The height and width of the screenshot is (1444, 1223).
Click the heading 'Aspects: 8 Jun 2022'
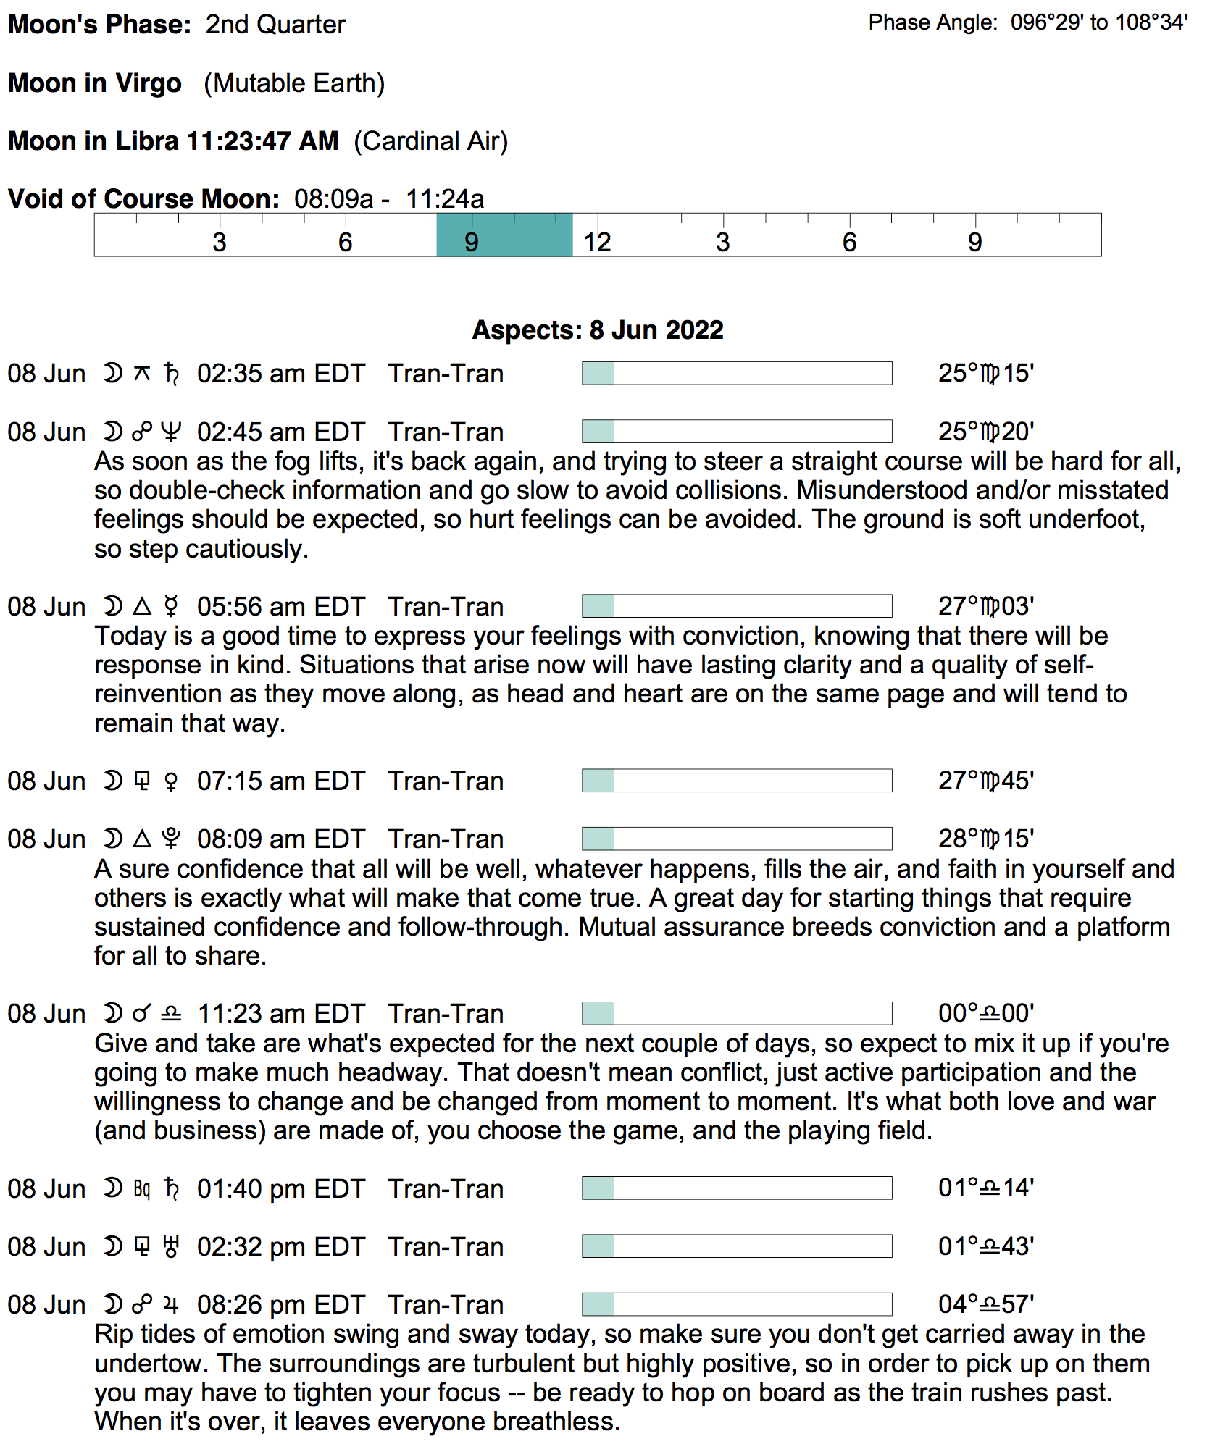point(598,330)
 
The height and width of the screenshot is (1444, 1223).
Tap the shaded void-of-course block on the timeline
point(504,235)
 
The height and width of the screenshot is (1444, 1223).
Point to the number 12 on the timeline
point(598,243)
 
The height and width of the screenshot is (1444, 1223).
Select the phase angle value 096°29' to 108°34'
point(1099,23)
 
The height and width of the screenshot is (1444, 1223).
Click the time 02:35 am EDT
point(281,374)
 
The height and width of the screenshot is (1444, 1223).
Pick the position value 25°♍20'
point(986,432)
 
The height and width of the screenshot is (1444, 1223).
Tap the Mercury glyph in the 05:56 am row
point(171,606)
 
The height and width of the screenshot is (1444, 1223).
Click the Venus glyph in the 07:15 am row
point(171,781)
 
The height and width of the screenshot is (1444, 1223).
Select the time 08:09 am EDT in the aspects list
point(281,839)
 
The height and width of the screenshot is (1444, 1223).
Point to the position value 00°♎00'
point(986,1014)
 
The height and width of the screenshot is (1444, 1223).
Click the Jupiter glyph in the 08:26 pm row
point(171,1305)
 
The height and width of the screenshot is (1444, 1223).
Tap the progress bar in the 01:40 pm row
point(737,1188)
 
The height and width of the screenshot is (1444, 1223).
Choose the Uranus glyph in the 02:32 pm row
point(171,1247)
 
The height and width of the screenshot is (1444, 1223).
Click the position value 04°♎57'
point(986,1305)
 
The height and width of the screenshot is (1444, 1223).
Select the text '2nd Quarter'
point(275,25)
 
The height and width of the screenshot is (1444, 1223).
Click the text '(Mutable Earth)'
point(294,83)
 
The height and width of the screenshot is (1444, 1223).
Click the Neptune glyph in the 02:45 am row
point(171,432)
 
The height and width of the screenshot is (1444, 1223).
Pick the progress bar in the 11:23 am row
point(737,1014)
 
